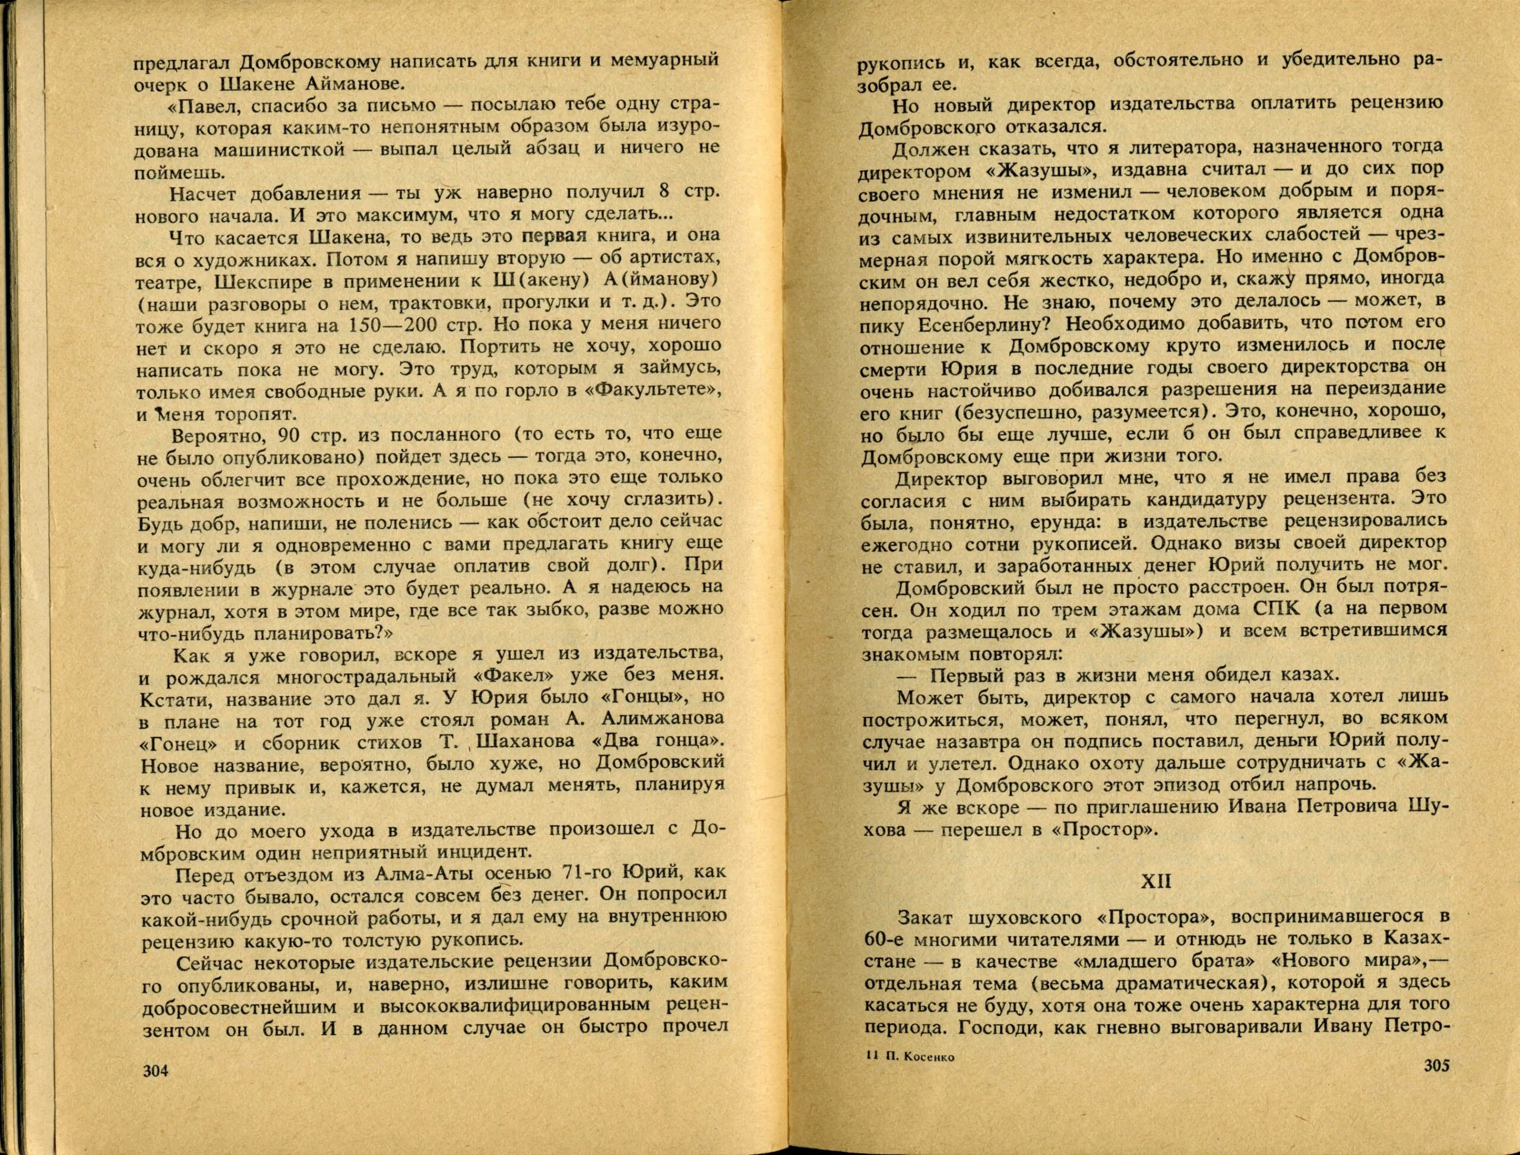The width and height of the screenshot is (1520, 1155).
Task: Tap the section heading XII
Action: (1155, 882)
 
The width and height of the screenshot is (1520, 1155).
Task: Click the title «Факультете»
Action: (659, 391)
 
